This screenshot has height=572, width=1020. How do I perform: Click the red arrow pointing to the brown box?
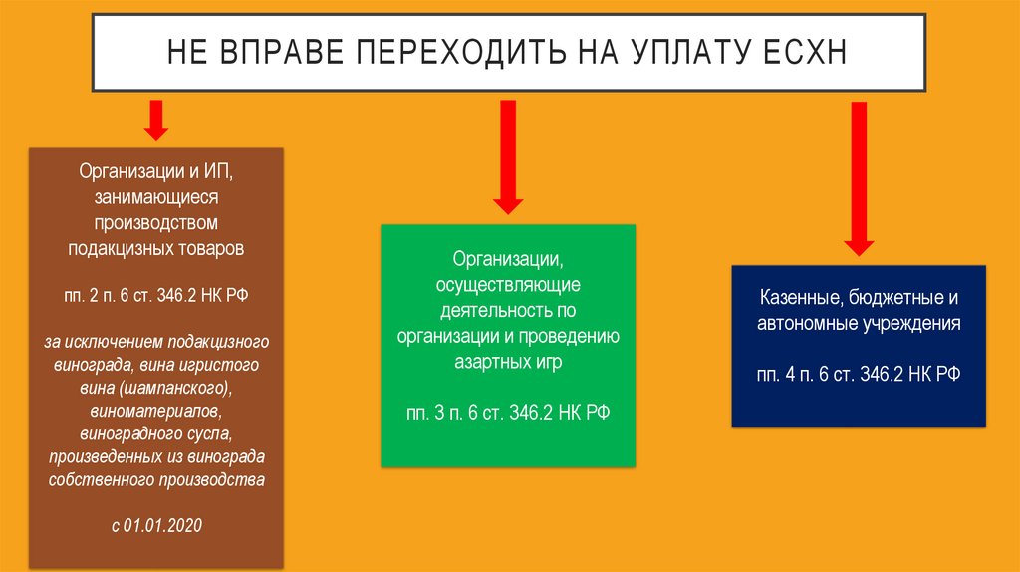coord(154,120)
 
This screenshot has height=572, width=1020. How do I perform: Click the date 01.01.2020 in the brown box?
coord(163,525)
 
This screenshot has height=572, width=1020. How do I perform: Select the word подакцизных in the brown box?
coord(111,246)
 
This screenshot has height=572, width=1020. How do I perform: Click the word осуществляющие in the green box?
coord(509,286)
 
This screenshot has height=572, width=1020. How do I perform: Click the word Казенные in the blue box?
coord(798,298)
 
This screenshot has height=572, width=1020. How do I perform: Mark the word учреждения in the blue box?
coord(910,324)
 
